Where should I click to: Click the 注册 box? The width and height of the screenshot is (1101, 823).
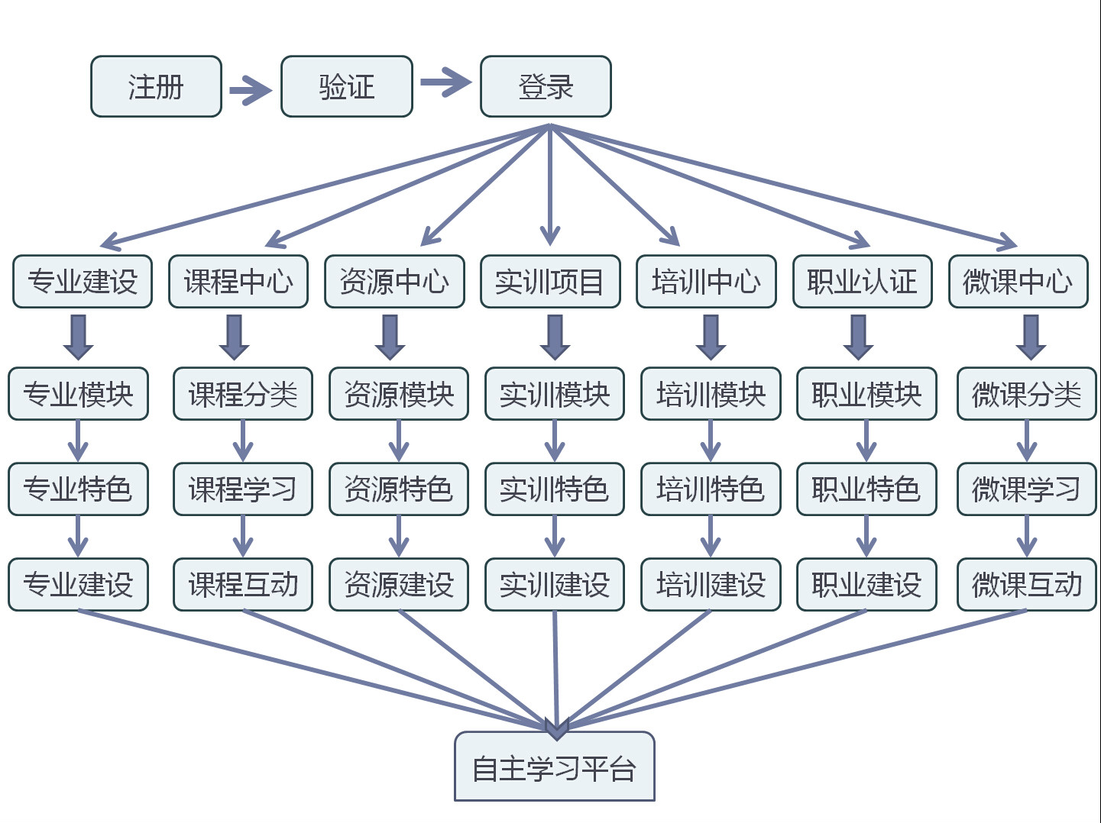[156, 86]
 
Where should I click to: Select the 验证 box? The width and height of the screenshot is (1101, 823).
[346, 86]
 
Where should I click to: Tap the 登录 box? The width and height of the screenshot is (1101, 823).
[546, 86]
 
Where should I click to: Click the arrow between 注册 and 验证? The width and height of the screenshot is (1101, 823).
[251, 91]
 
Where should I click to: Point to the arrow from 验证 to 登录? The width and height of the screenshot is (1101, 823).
[446, 82]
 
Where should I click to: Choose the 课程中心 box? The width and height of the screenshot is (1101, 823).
[238, 282]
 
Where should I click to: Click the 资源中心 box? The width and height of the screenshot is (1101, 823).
[394, 282]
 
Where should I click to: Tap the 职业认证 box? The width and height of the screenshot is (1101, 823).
[862, 282]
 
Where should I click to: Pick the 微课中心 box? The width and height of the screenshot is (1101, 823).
[1018, 282]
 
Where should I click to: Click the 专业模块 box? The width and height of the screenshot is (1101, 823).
[78, 394]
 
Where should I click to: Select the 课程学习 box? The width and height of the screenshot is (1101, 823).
[243, 489]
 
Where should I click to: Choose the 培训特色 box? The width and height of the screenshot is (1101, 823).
[711, 489]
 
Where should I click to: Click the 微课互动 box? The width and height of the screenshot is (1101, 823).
[1026, 585]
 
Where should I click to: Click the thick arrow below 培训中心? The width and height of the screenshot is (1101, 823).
[711, 337]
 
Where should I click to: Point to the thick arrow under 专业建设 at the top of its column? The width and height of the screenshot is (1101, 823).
[78, 337]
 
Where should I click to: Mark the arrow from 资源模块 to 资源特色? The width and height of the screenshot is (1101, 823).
[399, 441]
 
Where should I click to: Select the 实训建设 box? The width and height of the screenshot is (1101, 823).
[555, 585]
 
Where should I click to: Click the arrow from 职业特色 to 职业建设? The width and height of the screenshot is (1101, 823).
[866, 537]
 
